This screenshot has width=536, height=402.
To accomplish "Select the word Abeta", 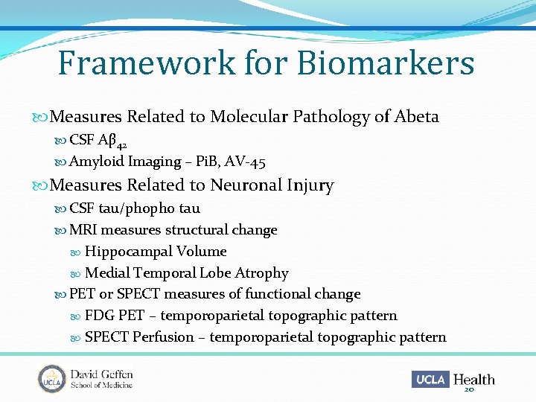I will pyautogui.click(x=417, y=117).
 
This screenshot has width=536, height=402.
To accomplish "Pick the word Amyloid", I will pyautogui.click(x=97, y=162).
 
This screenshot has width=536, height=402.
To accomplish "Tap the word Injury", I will pyautogui.click(x=311, y=185).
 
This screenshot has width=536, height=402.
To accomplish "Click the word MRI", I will pyautogui.click(x=83, y=230).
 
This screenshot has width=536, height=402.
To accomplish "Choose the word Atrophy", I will pyautogui.click(x=261, y=273).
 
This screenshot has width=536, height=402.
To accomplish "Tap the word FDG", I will pyautogui.click(x=99, y=316).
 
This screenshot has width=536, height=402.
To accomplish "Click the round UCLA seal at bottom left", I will pyautogui.click(x=52, y=379).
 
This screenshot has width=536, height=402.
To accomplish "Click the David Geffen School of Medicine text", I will pyautogui.click(x=101, y=379).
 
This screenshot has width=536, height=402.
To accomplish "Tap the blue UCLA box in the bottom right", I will pyautogui.click(x=430, y=380).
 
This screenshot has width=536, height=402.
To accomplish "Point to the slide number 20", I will pyautogui.click(x=469, y=389).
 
